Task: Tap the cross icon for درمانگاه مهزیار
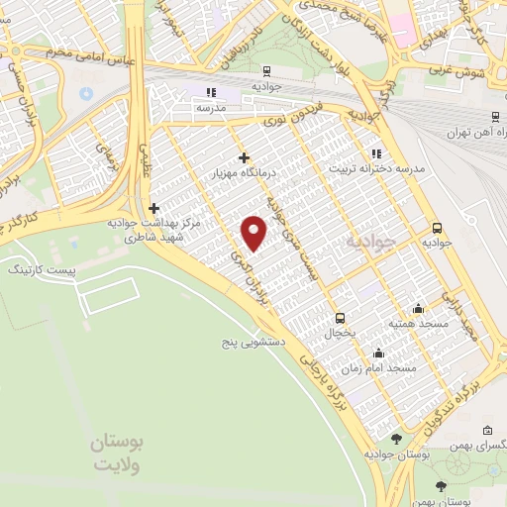pos(244,157)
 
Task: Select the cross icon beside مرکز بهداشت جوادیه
pos(153,208)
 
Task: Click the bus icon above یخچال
pos(341,318)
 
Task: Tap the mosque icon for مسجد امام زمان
pos(377,353)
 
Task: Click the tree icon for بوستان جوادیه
pos(396,439)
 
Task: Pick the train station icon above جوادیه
pos(266,69)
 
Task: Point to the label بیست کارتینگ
pos(41,269)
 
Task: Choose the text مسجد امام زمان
pos(377,368)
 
